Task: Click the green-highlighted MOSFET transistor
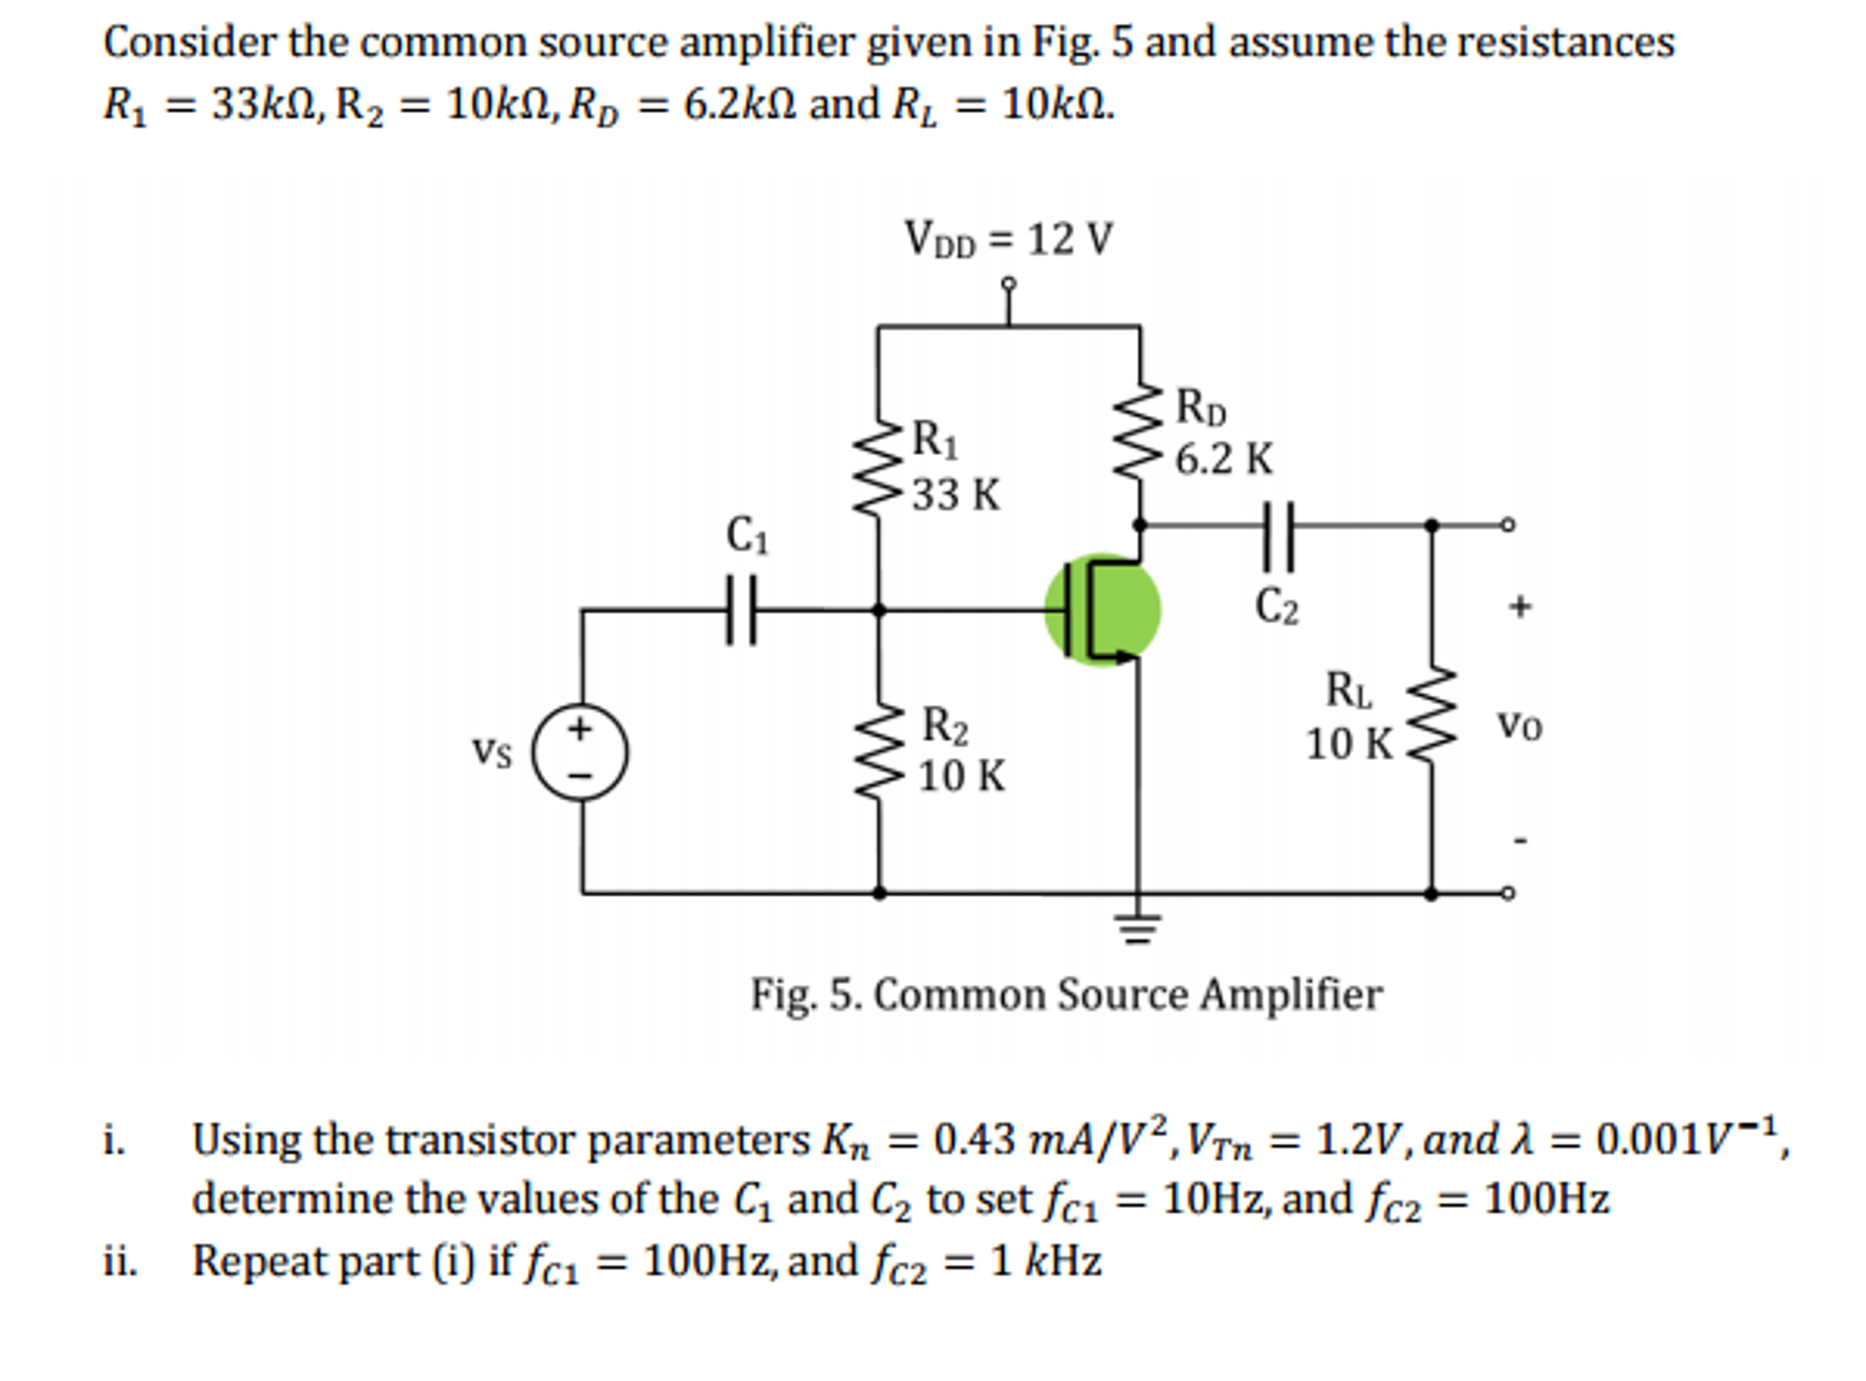[x=1102, y=609]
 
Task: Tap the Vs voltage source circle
[x=581, y=753]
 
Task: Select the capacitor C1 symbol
[x=741, y=609]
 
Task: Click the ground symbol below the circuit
[x=1137, y=929]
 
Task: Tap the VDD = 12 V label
[x=1008, y=240]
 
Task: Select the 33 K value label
[x=956, y=495]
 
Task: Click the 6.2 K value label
[x=1223, y=459]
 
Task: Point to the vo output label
[x=1519, y=727]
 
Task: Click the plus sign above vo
[x=1519, y=606]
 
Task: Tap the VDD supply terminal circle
[x=1008, y=285]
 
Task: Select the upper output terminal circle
[x=1508, y=524]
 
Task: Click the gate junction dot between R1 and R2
[x=878, y=609]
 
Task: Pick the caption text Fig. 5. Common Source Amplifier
[x=1065, y=994]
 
